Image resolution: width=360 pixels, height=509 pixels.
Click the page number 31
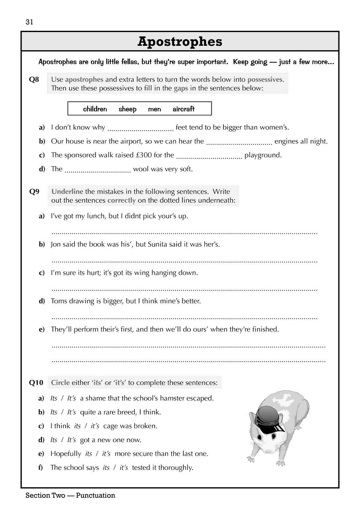pos(29,22)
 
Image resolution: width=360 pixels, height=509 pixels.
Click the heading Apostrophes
pos(180,41)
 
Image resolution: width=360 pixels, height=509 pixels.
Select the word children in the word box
pos(95,109)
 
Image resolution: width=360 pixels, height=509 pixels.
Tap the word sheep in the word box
pos(127,109)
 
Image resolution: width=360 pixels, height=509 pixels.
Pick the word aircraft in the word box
pos(183,109)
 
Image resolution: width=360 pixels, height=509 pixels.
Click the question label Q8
pos(34,79)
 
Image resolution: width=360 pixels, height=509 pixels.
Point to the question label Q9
pos(34,192)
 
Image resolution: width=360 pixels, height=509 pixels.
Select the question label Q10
pos(36,383)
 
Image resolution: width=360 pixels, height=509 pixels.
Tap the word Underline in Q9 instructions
pos(67,192)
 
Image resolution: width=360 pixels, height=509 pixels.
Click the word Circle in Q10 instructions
pos(60,383)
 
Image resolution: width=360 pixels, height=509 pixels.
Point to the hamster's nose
pos(269,450)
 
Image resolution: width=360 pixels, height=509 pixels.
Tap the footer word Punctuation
pos(95,495)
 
